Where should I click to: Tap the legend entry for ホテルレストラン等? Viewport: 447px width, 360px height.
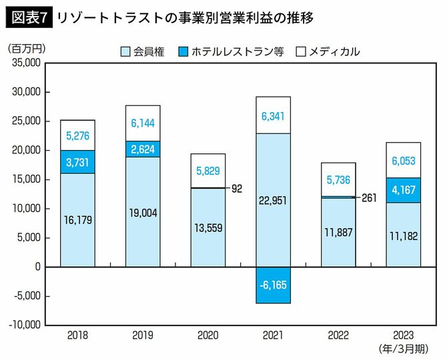[x=231, y=51]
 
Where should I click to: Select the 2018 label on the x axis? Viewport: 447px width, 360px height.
[x=77, y=336]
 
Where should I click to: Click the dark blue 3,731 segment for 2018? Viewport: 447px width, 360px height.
[x=77, y=161]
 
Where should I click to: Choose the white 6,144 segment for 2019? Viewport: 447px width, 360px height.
[x=143, y=123]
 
